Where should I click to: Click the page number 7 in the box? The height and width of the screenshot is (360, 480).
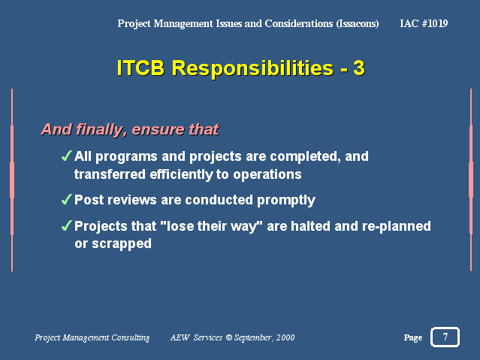[x=445, y=337]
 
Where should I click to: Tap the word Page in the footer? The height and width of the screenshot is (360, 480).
[x=413, y=337]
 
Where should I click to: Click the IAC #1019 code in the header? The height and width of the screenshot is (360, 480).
[x=424, y=23]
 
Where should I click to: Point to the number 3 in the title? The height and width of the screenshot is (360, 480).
[x=359, y=68]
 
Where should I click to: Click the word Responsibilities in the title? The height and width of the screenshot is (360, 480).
[x=252, y=68]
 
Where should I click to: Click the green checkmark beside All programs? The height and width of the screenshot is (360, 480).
[x=67, y=156]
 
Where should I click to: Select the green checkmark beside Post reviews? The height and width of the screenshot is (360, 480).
[x=67, y=199]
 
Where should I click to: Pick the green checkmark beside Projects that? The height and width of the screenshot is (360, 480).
[x=67, y=225]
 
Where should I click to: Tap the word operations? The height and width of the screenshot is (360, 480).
[x=267, y=175]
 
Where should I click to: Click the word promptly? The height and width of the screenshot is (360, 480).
[x=286, y=201]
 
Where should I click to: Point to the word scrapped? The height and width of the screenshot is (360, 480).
[x=122, y=244]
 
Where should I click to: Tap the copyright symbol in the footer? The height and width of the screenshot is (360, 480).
[x=228, y=337]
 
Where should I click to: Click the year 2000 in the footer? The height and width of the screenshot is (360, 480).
[x=285, y=337]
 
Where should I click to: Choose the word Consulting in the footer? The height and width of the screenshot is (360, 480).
[x=131, y=337]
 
